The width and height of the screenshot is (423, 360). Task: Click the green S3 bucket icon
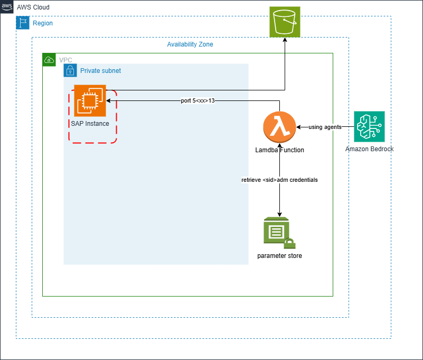pos(285,22)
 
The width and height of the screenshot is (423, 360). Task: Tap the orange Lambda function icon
pos(279,127)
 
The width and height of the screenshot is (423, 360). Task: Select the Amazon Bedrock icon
pos(369,126)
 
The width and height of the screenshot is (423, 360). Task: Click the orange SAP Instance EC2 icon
pos(90,100)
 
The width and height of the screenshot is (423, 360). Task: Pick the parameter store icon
pos(278,233)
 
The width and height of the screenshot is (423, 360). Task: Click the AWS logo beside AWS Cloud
pos(7,7)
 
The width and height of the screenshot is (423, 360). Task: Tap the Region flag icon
pos(23,23)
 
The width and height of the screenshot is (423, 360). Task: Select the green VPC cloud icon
pos(49,60)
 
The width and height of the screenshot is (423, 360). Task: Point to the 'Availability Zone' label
pos(190,44)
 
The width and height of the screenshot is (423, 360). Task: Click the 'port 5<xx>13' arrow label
pos(198,100)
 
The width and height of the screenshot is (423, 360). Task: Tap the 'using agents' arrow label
pos(325,127)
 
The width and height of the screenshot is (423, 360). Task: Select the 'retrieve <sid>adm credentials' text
pos(279,180)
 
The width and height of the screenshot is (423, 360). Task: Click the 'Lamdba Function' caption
pos(279,150)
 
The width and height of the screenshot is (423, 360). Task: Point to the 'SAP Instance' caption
pos(90,124)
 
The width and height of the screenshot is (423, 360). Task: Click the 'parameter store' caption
pos(279,256)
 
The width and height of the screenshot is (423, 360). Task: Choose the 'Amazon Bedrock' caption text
pos(369,149)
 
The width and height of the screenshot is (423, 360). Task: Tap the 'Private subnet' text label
pos(100,70)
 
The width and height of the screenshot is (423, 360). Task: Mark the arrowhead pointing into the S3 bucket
pos(285,41)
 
